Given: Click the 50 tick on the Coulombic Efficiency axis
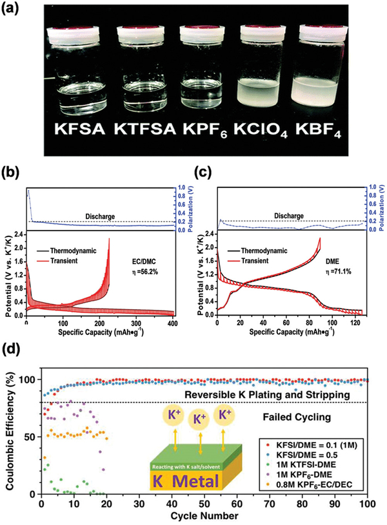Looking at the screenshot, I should pyautogui.click(x=28, y=437).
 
